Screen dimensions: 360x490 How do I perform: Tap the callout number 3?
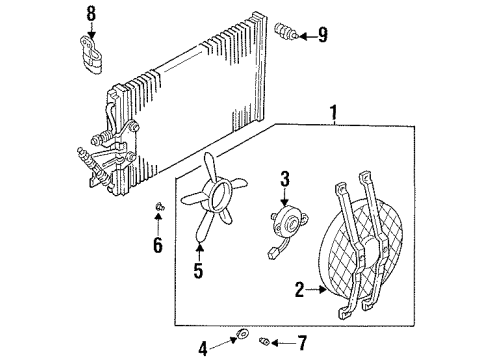285,179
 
